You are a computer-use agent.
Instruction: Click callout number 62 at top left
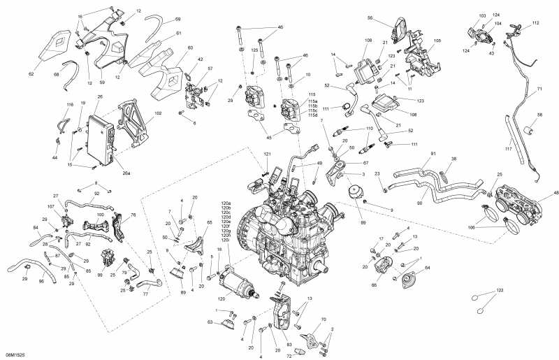[x=31, y=73]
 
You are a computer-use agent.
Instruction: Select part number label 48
[x=556, y=193]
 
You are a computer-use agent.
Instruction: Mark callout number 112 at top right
[x=535, y=23]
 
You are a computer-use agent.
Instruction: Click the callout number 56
[x=370, y=18]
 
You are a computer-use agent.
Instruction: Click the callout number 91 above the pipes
[x=433, y=154]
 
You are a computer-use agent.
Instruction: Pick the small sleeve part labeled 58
[x=529, y=129]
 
